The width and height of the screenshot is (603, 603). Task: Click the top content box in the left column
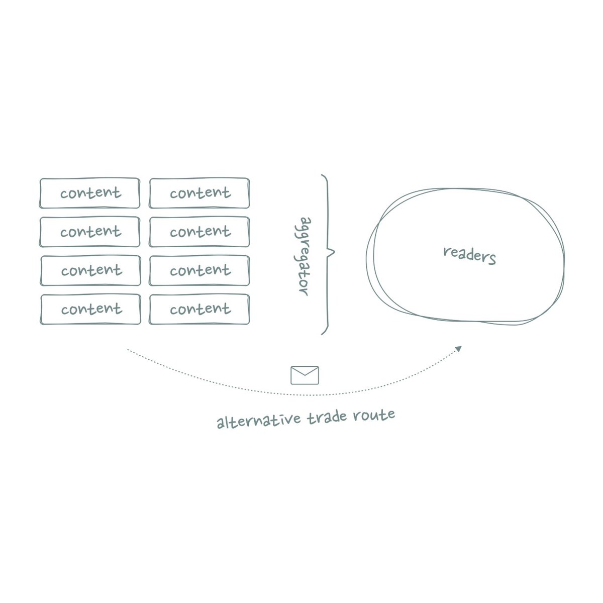pos(89,193)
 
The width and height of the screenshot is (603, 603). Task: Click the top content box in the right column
pos(199,193)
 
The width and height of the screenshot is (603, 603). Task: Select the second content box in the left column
pos(89,232)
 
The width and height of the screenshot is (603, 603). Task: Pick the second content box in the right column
pos(199,232)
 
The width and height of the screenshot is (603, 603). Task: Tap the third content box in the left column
pos(90,271)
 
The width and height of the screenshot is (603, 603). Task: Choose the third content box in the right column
pos(199,271)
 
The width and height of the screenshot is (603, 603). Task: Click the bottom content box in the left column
pos(90,310)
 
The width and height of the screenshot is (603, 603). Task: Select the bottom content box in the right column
pos(199,310)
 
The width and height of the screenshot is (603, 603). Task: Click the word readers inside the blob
pos(469,255)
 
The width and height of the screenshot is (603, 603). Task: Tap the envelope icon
pos(305,375)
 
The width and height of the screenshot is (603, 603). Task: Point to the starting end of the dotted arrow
pos(128,349)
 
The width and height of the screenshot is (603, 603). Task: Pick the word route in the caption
pos(377,415)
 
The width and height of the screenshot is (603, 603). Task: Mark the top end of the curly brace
pos(322,175)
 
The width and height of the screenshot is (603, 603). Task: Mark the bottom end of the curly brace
pos(322,334)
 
